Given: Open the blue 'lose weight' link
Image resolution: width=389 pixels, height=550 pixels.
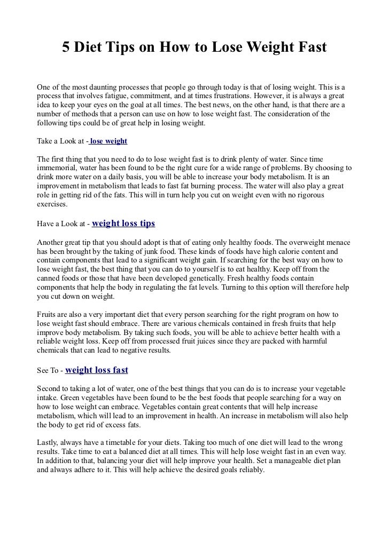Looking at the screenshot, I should (109, 142).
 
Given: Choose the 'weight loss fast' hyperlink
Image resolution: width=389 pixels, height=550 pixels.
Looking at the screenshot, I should (96, 370).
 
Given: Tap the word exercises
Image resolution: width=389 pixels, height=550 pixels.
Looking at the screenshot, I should (52, 204).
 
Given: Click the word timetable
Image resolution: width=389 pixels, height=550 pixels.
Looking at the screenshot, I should (122, 442).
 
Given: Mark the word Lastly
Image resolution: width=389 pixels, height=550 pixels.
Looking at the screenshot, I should (48, 442).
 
